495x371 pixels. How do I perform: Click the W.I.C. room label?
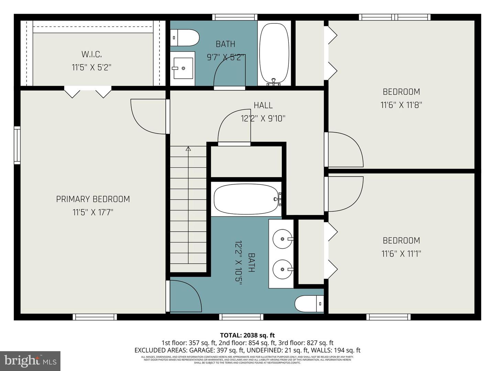tap(91, 54)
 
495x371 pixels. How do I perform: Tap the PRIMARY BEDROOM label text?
tap(93, 199)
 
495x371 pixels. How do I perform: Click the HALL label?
tap(263, 105)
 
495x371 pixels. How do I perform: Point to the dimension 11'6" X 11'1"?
tap(401, 254)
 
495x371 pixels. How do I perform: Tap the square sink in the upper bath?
tap(182, 68)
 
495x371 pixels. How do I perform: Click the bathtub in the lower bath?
tap(246, 199)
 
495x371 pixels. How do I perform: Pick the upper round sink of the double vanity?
tap(283, 238)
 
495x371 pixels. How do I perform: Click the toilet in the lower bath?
tap(309, 304)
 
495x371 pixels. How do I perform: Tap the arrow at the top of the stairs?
tap(188, 149)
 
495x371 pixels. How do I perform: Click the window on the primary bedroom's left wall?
tap(17, 145)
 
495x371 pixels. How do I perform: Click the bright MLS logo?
tap(30, 361)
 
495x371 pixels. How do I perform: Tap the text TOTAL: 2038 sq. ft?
tap(247, 335)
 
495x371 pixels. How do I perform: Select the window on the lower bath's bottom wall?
tap(241, 317)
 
